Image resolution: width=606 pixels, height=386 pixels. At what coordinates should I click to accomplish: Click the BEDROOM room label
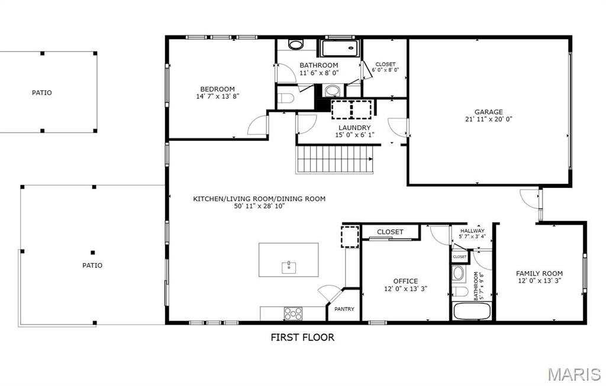pos(217,89)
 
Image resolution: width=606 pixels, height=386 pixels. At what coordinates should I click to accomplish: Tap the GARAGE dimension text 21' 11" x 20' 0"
pos(488,119)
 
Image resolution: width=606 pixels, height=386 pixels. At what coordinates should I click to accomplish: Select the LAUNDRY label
pos(354,128)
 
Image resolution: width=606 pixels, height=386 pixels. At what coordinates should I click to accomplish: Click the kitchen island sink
pos(289,267)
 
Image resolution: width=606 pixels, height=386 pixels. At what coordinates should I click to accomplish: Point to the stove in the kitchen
pos(293,313)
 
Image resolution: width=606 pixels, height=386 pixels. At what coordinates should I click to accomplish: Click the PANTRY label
pos(344,309)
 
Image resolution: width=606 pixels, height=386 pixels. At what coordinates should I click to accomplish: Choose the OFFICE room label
pos(405,281)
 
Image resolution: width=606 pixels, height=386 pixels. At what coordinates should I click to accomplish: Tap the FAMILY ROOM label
pos(539,274)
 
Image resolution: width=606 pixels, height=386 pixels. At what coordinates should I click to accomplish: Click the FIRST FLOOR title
pos(302,338)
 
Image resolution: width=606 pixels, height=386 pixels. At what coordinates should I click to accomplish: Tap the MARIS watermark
pos(574,374)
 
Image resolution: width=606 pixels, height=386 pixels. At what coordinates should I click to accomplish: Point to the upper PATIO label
pos(41,93)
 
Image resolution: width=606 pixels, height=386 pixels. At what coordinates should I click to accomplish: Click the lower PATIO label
pos(92,265)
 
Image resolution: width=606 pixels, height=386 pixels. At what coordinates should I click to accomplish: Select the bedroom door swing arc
pos(257,126)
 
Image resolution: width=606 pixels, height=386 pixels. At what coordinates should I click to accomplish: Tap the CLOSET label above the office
pos(390,232)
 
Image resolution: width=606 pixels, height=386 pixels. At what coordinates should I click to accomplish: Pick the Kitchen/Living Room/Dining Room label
pos(259,199)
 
